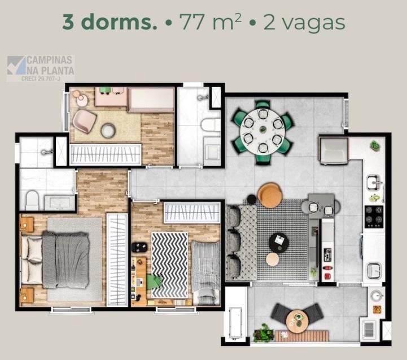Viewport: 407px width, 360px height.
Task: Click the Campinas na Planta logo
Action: [41, 68]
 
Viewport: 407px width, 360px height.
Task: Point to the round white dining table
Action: [262, 132]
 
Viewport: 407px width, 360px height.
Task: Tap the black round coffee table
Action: [278, 242]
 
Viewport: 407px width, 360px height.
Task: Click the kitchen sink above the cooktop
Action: [374, 182]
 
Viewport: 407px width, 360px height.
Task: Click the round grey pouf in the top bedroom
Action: [108, 131]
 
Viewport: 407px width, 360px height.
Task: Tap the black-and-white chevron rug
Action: [169, 260]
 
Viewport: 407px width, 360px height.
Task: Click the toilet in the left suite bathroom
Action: [32, 198]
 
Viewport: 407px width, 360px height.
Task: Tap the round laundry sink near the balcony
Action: [375, 295]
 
